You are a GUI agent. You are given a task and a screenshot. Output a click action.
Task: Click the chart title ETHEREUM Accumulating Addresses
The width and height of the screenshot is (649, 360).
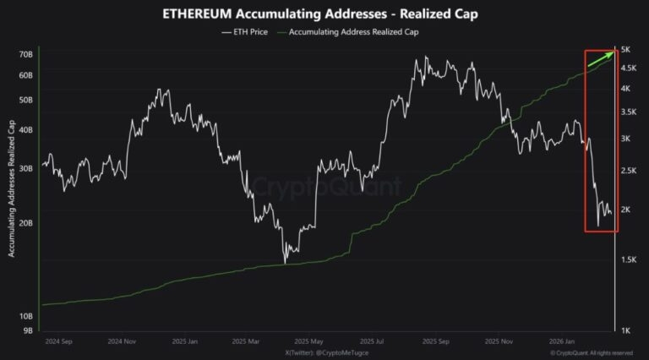point(324,14)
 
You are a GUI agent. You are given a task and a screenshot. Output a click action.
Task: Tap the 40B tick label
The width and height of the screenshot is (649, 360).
point(25,130)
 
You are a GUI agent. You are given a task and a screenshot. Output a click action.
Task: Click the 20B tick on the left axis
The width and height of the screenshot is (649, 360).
point(25,223)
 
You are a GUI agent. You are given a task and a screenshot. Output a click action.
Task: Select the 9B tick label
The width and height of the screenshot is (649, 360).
point(25,330)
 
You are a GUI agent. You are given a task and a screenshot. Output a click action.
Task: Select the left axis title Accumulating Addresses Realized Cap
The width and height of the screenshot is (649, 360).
point(11,189)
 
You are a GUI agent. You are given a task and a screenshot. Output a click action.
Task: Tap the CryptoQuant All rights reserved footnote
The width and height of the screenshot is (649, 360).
point(591,352)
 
